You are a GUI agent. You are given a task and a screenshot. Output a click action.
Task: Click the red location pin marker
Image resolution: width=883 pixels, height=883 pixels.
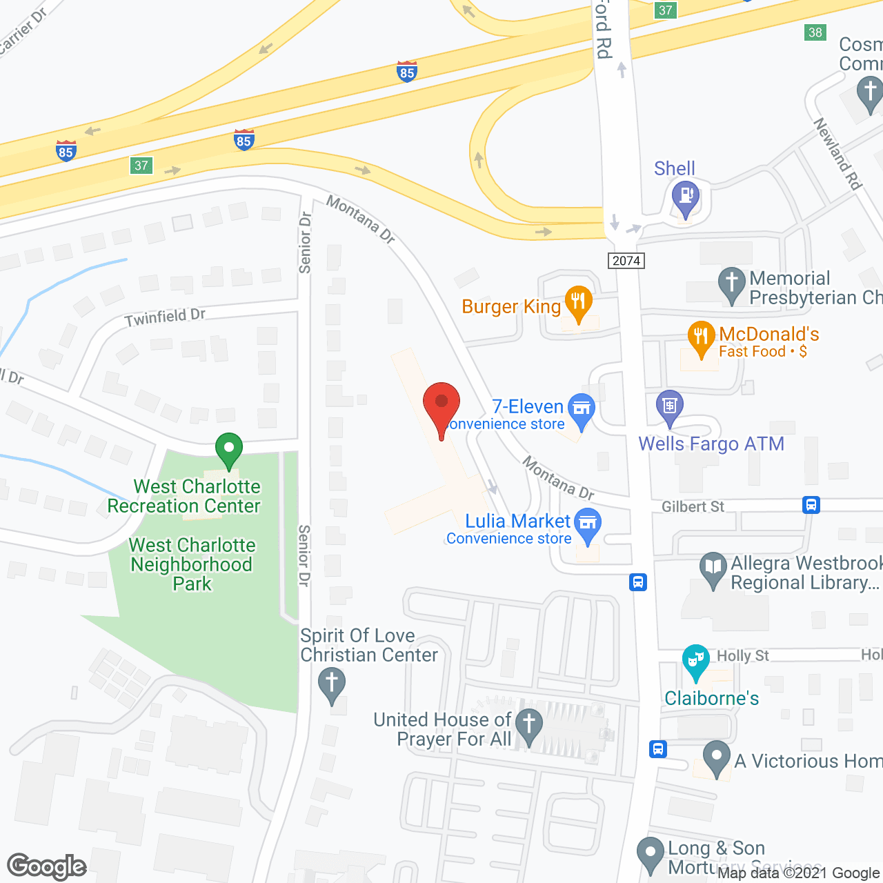[x=441, y=404]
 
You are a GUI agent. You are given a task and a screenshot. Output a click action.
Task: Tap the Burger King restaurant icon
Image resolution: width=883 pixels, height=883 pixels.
[x=578, y=301]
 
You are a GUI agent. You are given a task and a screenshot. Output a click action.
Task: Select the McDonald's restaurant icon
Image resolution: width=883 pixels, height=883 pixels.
[x=701, y=337]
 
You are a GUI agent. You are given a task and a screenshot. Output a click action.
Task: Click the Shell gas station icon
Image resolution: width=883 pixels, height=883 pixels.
[x=686, y=196]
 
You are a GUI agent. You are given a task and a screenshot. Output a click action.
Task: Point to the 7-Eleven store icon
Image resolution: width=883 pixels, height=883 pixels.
[x=581, y=408]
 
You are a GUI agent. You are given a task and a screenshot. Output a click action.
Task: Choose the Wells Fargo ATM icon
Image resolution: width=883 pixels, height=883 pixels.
[x=670, y=406]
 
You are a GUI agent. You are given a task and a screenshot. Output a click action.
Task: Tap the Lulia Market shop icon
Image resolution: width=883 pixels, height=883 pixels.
[x=588, y=524]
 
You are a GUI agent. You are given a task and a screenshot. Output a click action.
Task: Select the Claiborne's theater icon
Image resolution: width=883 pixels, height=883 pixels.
[x=695, y=660]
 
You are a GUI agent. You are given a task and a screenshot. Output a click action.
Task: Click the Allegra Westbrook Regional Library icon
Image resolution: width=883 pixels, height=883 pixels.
[x=713, y=568]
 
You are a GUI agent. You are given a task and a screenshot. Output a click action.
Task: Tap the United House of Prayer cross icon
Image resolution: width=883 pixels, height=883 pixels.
[x=529, y=725]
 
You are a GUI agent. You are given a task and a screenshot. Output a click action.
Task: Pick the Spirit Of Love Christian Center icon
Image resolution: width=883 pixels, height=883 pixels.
[x=332, y=684]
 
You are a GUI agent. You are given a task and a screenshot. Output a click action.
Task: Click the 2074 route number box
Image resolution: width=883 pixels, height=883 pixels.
[x=626, y=261]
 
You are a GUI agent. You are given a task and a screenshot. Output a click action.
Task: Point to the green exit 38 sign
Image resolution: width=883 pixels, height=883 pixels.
[x=815, y=32]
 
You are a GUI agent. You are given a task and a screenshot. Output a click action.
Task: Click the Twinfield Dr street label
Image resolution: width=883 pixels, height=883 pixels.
[x=166, y=317]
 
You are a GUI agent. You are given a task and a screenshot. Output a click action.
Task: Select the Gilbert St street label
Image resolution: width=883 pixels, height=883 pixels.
[x=693, y=507]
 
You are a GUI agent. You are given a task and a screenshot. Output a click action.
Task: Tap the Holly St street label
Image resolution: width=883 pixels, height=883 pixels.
[x=743, y=655]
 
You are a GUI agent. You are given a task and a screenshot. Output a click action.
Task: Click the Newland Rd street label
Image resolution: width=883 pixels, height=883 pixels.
[x=837, y=154]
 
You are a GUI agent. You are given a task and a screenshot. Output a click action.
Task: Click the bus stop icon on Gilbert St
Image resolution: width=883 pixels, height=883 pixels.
[x=811, y=505]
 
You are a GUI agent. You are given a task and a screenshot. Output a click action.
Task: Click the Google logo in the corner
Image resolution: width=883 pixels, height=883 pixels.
[x=47, y=866]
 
